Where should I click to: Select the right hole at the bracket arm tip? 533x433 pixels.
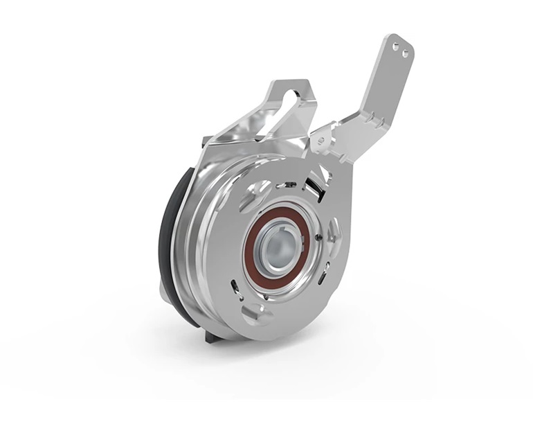405,51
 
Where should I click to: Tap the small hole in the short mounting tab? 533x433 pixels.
320,141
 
